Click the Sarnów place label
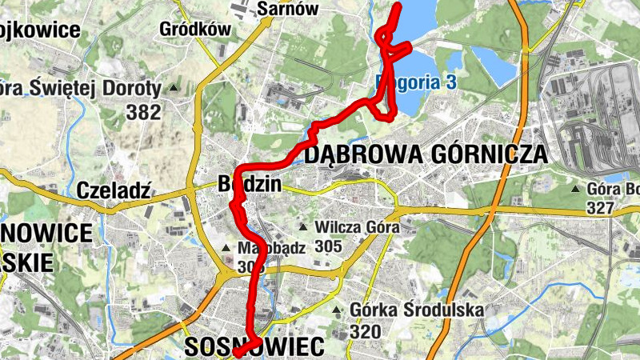(x=288, y=9)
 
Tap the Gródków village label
(x=195, y=30)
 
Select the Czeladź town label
(x=115, y=190)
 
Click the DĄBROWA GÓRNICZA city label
(x=426, y=154)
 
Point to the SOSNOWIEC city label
(x=254, y=346)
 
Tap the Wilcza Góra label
(x=358, y=227)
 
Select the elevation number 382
(x=144, y=113)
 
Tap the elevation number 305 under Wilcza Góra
(x=328, y=246)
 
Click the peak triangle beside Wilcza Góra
(x=303, y=227)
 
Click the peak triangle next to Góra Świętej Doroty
(x=172, y=87)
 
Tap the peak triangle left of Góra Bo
(x=576, y=190)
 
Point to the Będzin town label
(x=250, y=185)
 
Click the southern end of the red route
(x=237, y=352)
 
